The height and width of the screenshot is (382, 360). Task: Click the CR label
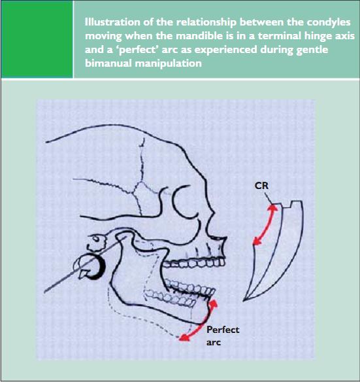pyautogui.click(x=261, y=186)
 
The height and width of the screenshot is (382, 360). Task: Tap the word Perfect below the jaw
pyautogui.click(x=223, y=330)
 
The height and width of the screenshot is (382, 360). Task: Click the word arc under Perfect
pyautogui.click(x=214, y=343)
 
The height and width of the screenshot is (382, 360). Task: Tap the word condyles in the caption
pyautogui.click(x=329, y=22)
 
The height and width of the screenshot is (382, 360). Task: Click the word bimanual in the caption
pyautogui.click(x=108, y=63)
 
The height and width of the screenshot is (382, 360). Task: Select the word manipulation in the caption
pyautogui.click(x=168, y=64)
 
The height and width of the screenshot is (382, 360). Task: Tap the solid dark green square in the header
pyautogui.click(x=37, y=39)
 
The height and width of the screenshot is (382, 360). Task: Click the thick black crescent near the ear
pyautogui.click(x=99, y=267)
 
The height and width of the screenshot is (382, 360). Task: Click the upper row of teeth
pyautogui.click(x=194, y=263)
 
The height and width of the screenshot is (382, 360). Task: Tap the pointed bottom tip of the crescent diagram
pyautogui.click(x=244, y=301)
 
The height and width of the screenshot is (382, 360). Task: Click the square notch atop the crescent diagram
pyautogui.click(x=287, y=205)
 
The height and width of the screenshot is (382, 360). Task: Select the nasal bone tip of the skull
pyautogui.click(x=226, y=238)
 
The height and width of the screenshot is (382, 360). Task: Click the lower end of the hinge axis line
pyautogui.click(x=45, y=292)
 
